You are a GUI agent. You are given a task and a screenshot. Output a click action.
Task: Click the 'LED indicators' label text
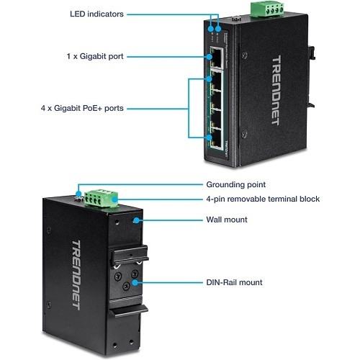(96, 14)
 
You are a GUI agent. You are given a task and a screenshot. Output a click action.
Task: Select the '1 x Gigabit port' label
(95, 55)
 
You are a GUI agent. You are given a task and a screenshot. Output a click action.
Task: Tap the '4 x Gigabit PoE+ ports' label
(82, 109)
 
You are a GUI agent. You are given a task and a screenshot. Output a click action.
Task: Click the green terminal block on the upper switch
(258, 9)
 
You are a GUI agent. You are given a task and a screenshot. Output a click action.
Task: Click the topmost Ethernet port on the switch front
(216, 55)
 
